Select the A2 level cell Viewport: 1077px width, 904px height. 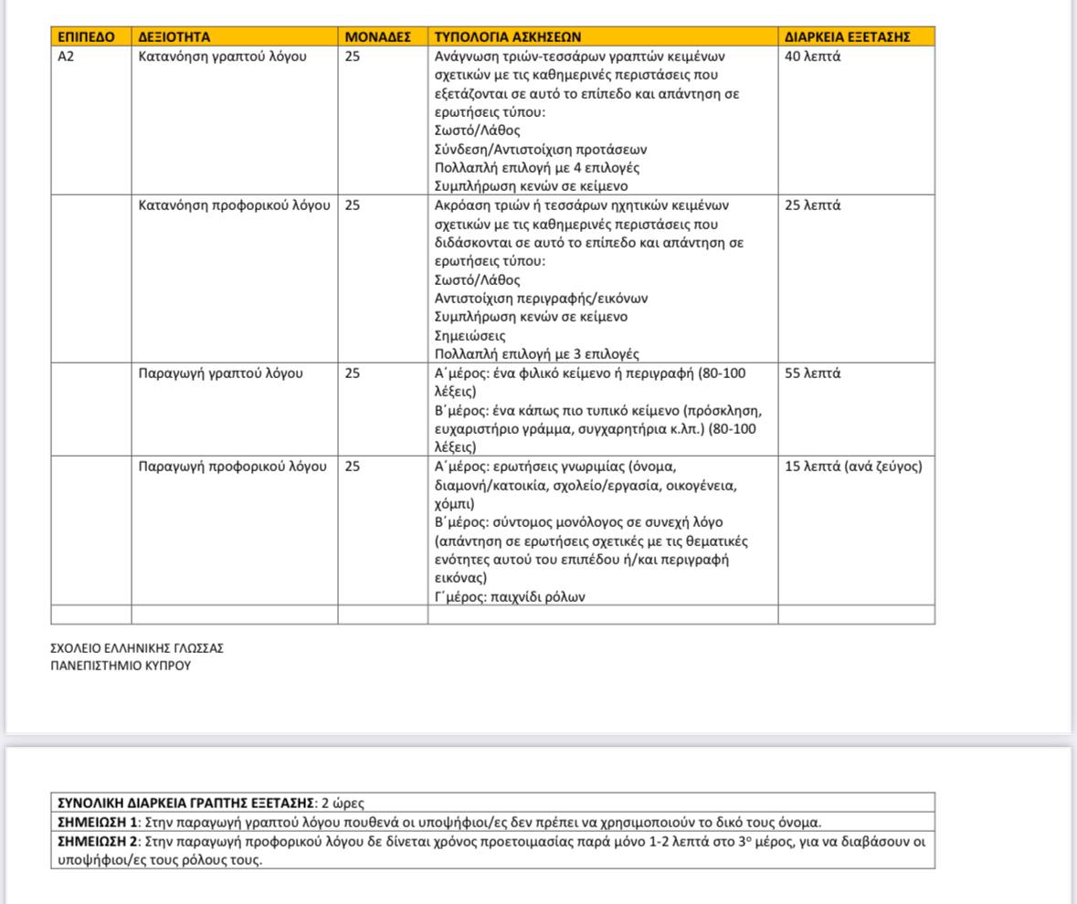[x=66, y=56]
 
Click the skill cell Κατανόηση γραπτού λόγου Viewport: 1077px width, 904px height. [x=222, y=56]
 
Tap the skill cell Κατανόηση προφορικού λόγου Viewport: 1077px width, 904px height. [x=234, y=205]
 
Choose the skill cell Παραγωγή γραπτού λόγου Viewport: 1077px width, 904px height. [x=220, y=373]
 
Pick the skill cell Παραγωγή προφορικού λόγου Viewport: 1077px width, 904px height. [x=232, y=467]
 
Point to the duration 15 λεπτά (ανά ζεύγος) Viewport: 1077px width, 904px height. [x=853, y=467]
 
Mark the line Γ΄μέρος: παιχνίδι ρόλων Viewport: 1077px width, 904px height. [x=509, y=597]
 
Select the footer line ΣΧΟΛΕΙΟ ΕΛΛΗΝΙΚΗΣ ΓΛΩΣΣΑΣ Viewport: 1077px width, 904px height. [x=137, y=648]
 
